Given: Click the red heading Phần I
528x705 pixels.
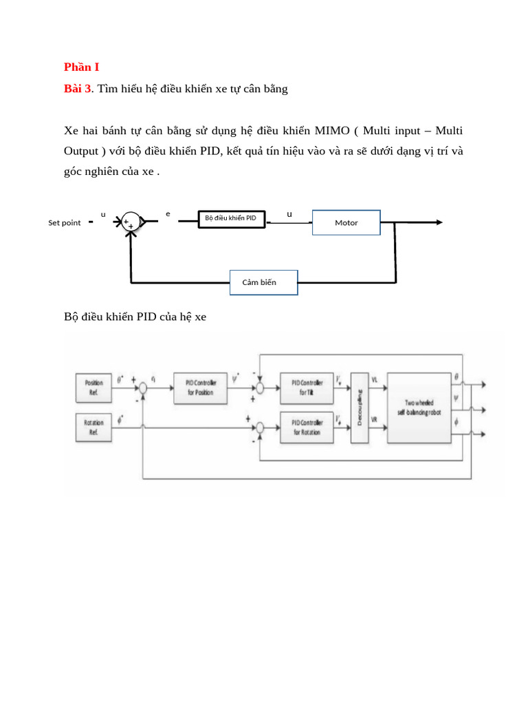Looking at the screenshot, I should coord(82,67).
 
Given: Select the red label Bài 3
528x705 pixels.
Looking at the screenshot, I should coord(77,89).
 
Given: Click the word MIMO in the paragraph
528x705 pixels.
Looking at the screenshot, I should coord(332,130).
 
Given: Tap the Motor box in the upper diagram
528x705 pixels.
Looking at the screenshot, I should coord(346,222).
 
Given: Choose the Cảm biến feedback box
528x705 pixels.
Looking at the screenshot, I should coord(263,282).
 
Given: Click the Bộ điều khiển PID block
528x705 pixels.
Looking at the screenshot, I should coord(231,219).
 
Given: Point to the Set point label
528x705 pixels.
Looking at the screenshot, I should coord(64,222).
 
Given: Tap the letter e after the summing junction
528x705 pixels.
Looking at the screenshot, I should coord(168,213).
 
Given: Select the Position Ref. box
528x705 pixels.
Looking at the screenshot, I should coord(94,387).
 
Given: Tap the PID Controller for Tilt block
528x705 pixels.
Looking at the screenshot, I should coord(306,387).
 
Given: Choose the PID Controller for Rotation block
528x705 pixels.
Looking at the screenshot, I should coord(306,427).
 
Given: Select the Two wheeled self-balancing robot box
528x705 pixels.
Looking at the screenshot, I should coord(419,408).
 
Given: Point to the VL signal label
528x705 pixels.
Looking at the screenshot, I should coord(375,380).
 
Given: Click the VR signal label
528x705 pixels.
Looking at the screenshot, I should coord(375,419).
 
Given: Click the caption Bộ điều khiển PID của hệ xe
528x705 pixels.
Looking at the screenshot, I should coord(135,317).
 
